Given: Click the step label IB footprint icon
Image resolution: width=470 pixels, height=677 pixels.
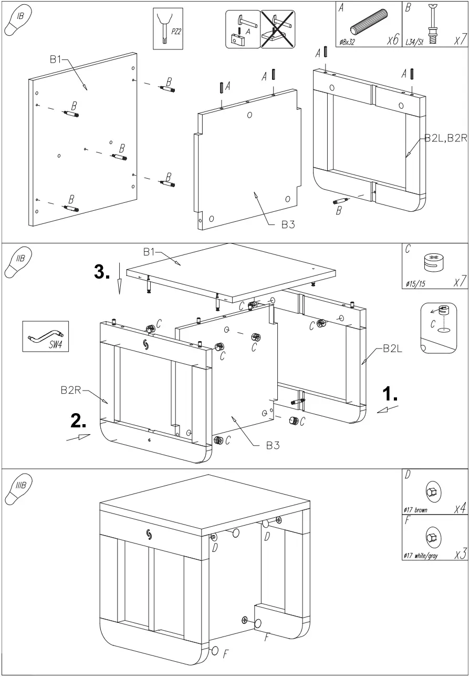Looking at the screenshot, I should (x=17, y=22).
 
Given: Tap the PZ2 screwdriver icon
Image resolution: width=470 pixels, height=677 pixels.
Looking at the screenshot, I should (x=168, y=28).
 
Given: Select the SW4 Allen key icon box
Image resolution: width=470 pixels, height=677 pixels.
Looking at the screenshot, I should (x=46, y=336).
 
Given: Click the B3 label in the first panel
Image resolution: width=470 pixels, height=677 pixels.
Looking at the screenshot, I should (x=288, y=224).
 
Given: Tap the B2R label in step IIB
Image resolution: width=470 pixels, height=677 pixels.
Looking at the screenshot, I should (x=71, y=391).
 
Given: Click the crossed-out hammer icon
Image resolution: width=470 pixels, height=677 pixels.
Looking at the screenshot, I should (x=277, y=29).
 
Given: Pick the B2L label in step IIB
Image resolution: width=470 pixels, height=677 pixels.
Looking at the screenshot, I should (x=393, y=348).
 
